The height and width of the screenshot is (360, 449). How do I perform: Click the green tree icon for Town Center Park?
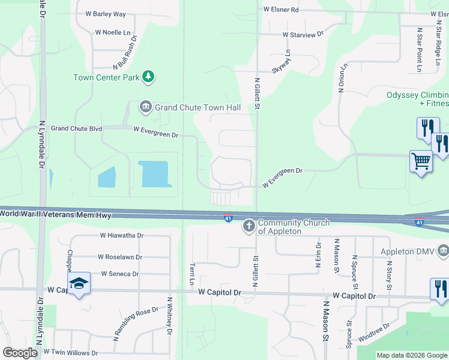tap(148, 77)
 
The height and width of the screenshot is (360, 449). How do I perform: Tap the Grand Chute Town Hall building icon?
tap(146, 107)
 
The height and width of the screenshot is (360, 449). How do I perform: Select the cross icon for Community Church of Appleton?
tap(249, 226)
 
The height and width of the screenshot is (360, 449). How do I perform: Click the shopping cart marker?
tap(421, 161)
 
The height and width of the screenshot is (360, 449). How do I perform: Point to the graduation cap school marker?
tap(79, 284)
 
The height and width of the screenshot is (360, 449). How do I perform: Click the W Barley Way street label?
tap(106, 14)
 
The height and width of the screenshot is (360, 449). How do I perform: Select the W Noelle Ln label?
tap(112, 32)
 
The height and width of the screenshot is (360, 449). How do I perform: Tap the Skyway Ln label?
tap(282, 62)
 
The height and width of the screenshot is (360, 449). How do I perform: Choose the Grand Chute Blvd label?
tap(76, 128)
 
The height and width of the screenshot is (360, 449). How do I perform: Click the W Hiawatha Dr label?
tap(122, 236)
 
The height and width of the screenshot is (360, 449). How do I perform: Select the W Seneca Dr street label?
tap(120, 274)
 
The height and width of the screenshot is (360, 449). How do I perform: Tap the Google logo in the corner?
tap(20, 353)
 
